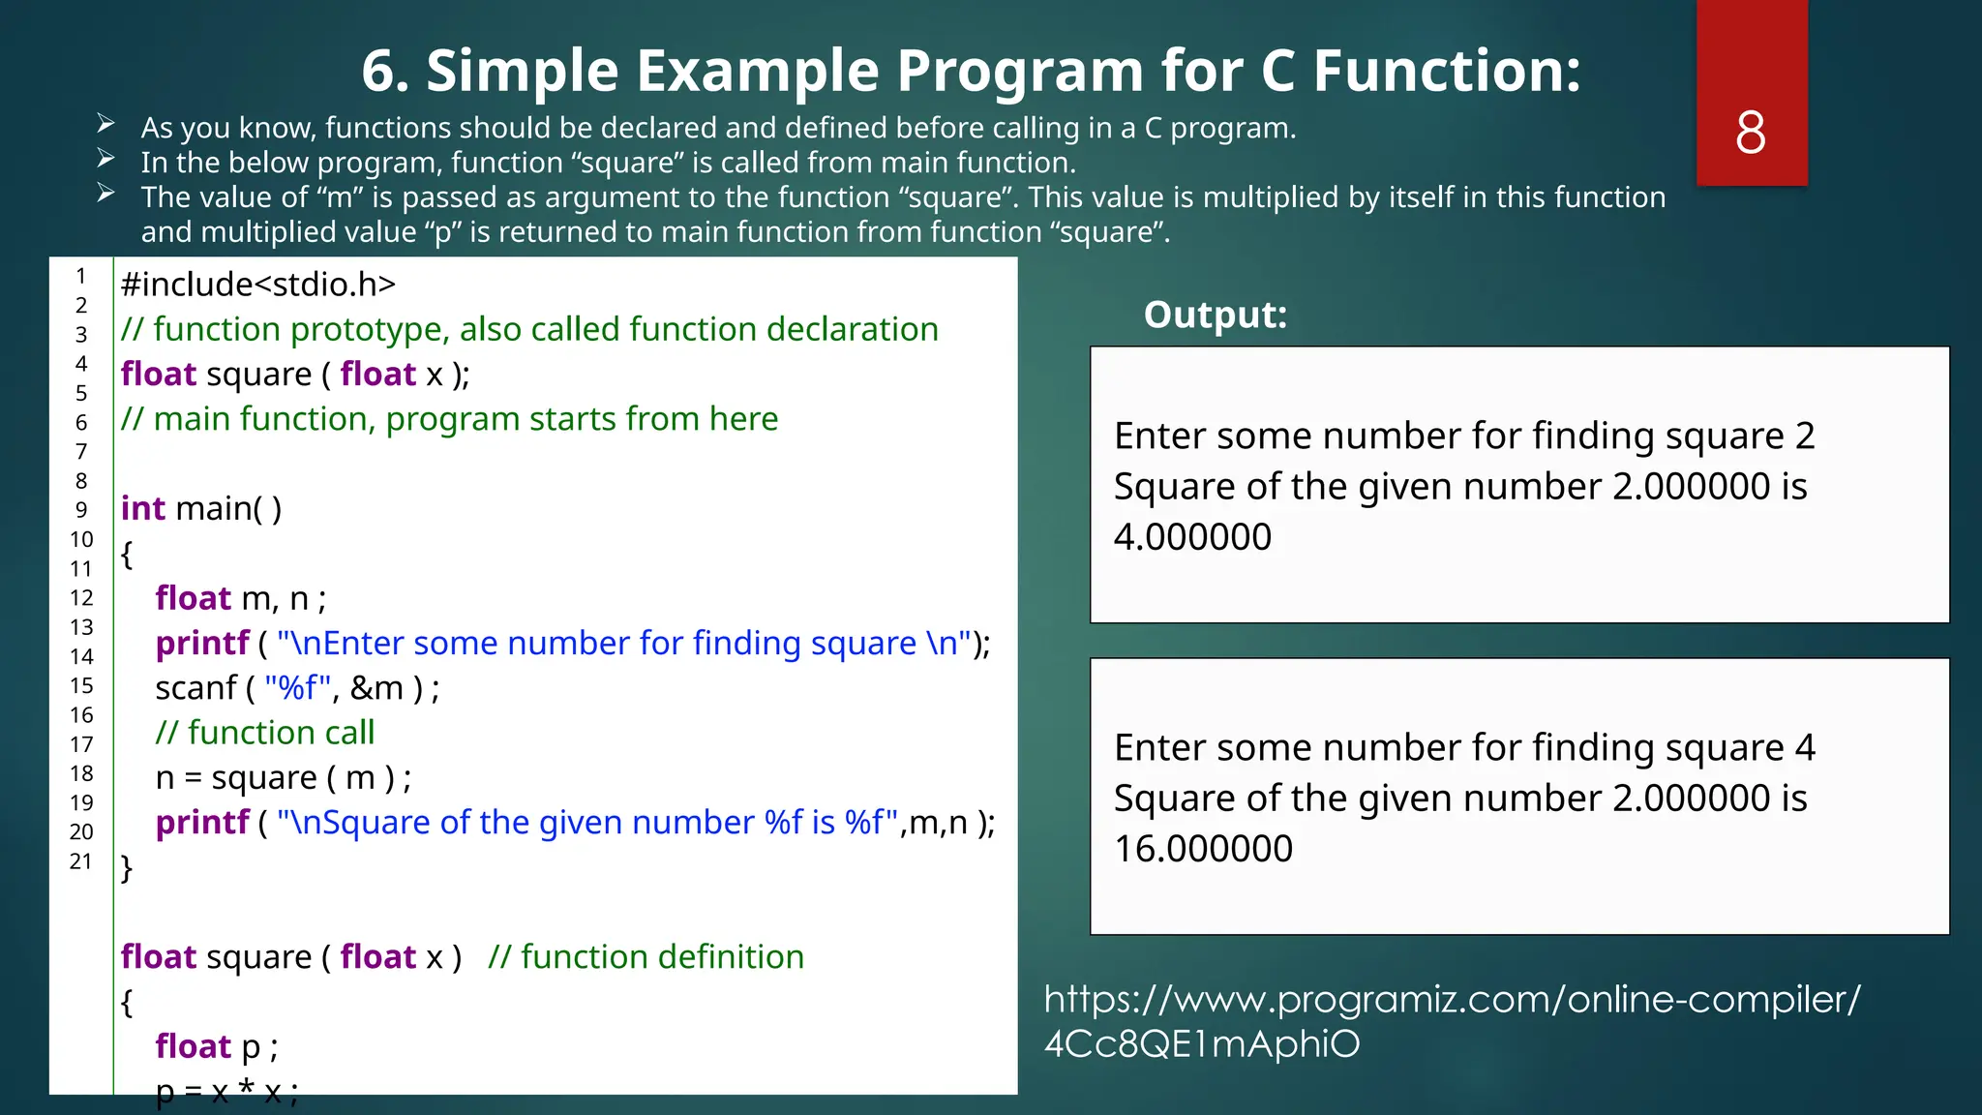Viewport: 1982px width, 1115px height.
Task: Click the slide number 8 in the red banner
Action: pos(1750,133)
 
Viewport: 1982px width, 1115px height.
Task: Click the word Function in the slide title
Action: pos(1447,71)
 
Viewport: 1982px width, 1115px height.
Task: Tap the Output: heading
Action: pos(1215,315)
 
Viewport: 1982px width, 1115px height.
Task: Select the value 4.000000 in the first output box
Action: pos(1192,537)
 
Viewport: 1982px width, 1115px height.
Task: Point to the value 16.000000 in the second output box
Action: pos(1203,849)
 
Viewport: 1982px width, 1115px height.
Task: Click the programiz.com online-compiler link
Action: pos(1451,1021)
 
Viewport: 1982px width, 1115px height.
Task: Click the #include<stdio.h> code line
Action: pos(258,285)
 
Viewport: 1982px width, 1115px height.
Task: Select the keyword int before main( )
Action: pos(142,509)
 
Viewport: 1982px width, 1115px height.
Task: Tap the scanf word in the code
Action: pos(195,688)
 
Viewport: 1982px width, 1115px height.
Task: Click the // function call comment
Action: pos(264,733)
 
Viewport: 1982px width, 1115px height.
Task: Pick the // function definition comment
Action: pos(646,957)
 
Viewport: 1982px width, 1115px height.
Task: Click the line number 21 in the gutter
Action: pos(81,861)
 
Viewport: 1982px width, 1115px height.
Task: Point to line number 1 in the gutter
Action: pos(81,276)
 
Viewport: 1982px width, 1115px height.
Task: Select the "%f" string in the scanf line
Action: pos(297,688)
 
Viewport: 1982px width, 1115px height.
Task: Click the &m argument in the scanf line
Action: pos(376,688)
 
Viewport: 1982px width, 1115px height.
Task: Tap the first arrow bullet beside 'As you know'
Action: pos(105,124)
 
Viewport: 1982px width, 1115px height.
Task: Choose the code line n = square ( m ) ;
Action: pos(283,778)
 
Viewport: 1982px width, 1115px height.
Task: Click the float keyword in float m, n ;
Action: pos(193,598)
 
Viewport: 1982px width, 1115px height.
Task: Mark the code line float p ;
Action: pos(217,1047)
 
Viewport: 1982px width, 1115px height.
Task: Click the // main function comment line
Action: pos(449,419)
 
